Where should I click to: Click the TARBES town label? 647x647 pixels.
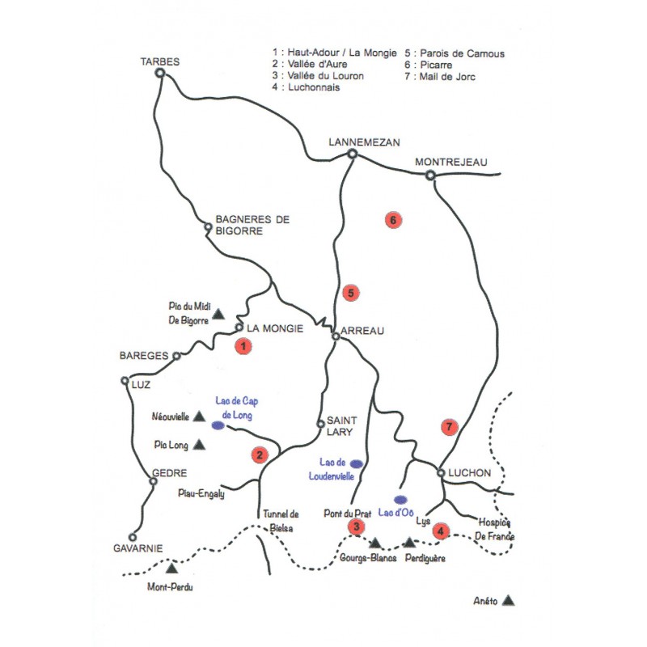pyautogui.click(x=159, y=61)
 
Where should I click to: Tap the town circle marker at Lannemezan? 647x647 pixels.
pyautogui.click(x=352, y=153)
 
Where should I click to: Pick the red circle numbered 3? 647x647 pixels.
pyautogui.click(x=356, y=527)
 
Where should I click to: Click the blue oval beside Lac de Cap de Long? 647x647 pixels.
pyautogui.click(x=218, y=424)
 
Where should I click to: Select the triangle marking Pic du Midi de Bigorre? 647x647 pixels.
pyautogui.click(x=218, y=312)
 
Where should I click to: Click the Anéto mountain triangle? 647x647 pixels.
pyautogui.click(x=508, y=600)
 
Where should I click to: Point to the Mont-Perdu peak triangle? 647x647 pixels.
pyautogui.click(x=171, y=570)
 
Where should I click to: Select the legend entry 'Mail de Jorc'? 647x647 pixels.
pyautogui.click(x=444, y=77)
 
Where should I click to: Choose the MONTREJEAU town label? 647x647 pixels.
pyautogui.click(x=451, y=162)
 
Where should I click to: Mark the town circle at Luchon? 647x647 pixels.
pyautogui.click(x=441, y=472)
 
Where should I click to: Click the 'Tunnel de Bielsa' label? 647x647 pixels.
pyautogui.click(x=281, y=520)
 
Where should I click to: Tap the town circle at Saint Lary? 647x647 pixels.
pyautogui.click(x=320, y=423)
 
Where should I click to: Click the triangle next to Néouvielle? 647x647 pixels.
pyautogui.click(x=198, y=417)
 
